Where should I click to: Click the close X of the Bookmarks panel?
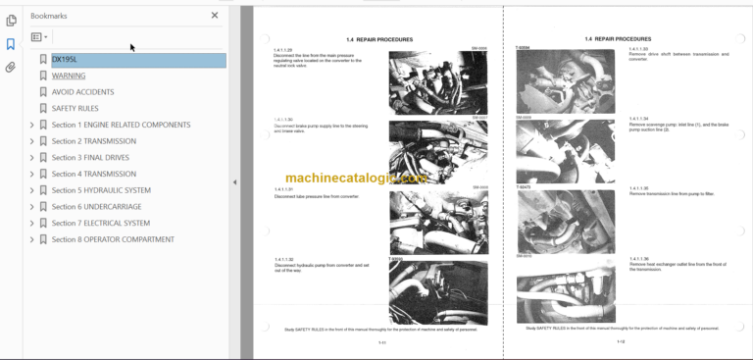[x=215, y=16]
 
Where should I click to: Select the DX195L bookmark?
[x=65, y=60]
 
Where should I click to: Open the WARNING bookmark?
[x=69, y=76]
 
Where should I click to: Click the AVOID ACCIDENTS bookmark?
[x=82, y=92]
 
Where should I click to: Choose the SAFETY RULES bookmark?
[x=75, y=108]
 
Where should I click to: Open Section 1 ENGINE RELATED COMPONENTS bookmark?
[x=121, y=125]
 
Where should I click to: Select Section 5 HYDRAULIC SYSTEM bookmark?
[x=101, y=190]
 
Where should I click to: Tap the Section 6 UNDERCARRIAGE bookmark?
[x=96, y=207]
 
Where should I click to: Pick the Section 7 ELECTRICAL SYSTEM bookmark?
[x=100, y=223]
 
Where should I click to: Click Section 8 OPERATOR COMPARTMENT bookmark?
[x=113, y=239]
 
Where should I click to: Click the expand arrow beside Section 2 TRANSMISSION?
[x=31, y=141]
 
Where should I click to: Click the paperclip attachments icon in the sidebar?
[x=11, y=68]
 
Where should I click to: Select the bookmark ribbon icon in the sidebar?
[x=11, y=44]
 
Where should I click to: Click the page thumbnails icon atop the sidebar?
[x=11, y=20]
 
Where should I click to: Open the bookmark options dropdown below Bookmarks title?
[x=39, y=37]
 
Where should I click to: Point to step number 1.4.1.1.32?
[x=284, y=259]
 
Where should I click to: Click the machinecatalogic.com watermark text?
[x=348, y=179]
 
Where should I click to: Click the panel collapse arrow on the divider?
[x=233, y=181]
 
